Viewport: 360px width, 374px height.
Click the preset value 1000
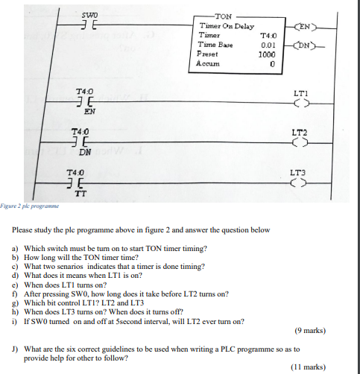click(266, 54)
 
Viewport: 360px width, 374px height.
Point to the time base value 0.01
click(268, 45)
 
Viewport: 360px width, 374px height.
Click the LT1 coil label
click(301, 94)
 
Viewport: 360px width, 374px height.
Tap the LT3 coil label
click(301, 171)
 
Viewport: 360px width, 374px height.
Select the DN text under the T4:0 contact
click(86, 153)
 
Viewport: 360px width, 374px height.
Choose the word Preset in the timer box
click(206, 54)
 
